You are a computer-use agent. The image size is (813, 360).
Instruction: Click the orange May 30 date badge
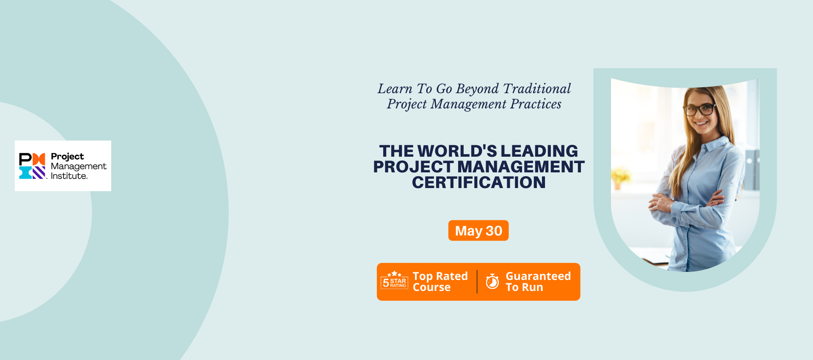[478, 230]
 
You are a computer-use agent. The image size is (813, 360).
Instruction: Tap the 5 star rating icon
[394, 280]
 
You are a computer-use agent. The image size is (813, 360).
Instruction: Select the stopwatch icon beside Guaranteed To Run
[492, 281]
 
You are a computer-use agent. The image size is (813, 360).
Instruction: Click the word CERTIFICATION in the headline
[479, 183]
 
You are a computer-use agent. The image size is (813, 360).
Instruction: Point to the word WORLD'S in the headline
[457, 151]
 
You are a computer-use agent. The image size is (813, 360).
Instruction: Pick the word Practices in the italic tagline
[536, 104]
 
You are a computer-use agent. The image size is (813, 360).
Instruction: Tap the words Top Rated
[440, 276]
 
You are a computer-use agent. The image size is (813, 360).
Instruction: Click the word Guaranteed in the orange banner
[538, 276]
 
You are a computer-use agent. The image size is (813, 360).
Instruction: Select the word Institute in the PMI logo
[69, 176]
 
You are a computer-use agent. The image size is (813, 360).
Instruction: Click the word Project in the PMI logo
[67, 157]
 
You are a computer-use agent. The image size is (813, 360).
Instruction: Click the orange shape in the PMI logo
[39, 159]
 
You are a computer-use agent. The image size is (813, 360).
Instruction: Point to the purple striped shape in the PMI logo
[39, 172]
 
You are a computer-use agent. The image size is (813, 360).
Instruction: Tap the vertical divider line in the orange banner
[477, 282]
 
